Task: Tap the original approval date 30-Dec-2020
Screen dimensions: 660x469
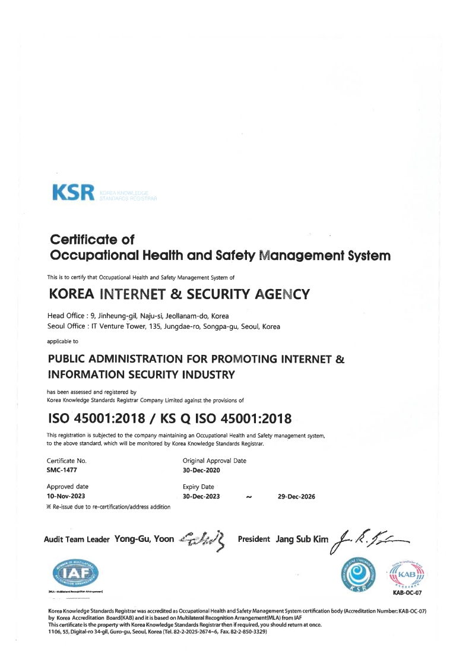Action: coord(202,469)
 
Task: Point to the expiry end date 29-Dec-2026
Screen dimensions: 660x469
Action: coord(296,496)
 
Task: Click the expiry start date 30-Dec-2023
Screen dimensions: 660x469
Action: coord(202,496)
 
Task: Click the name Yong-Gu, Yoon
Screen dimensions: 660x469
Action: coord(144,539)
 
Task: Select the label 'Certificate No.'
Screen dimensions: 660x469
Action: coord(66,460)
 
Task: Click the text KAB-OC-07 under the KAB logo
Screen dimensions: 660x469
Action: coord(407,592)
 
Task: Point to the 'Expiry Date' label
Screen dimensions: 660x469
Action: coord(199,487)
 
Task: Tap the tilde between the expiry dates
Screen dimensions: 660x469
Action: coord(249,497)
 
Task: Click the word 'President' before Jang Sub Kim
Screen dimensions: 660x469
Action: coord(254,539)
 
